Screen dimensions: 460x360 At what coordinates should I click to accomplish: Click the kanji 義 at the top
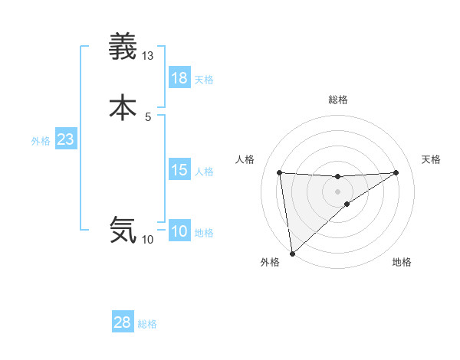point(123,47)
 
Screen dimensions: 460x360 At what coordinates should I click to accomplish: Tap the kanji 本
point(123,107)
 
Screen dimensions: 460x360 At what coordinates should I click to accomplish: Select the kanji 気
point(123,229)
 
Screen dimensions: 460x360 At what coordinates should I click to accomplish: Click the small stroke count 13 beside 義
point(148,56)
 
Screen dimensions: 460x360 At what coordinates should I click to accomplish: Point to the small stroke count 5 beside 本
point(148,116)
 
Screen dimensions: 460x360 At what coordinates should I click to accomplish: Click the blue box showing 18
point(179,78)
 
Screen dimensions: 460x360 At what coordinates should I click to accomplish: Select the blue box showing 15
point(179,170)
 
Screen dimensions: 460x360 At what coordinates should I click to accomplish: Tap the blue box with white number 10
point(179,231)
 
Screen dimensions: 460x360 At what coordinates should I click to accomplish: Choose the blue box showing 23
point(66,139)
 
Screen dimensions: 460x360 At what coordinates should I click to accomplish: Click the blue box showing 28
point(123,322)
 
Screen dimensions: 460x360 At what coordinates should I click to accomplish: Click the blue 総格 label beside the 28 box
point(147,324)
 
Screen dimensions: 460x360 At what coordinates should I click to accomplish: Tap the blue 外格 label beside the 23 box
point(41,141)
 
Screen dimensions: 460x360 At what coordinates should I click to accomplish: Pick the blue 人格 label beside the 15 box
point(205,172)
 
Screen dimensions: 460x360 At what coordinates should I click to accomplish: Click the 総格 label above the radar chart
point(337,100)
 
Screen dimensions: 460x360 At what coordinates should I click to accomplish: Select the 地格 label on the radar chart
point(402,262)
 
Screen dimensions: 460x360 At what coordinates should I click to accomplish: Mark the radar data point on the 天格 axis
point(396,172)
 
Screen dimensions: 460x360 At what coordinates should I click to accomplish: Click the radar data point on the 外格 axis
point(292,253)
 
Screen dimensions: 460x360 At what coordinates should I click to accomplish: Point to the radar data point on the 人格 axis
point(279,172)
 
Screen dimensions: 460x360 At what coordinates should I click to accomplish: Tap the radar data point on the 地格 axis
point(347,204)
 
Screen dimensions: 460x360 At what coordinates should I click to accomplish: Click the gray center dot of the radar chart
point(337,191)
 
